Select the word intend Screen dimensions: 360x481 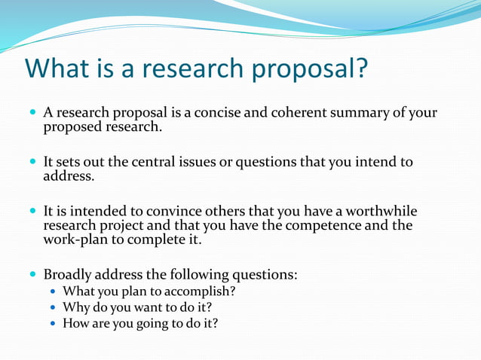pyautogui.click(x=372, y=163)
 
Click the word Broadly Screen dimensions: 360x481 pyautogui.click(x=69, y=275)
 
